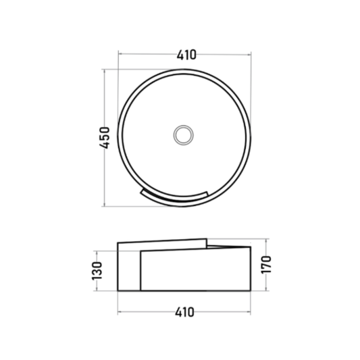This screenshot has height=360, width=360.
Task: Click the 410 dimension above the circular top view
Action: tap(186, 55)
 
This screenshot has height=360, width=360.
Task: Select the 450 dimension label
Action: tap(105, 138)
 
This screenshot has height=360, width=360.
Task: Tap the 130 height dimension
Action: tap(97, 271)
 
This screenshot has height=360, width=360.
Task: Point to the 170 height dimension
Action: tap(266, 264)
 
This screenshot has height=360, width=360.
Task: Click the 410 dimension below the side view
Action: tap(184, 313)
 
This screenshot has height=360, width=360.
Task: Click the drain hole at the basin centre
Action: tap(183, 135)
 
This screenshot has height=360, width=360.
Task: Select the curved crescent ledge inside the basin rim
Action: tap(174, 197)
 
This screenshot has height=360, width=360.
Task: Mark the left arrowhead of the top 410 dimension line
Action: tap(120, 54)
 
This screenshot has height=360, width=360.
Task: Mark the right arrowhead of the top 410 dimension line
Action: tap(249, 55)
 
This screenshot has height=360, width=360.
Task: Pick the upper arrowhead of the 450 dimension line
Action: tap(105, 71)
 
